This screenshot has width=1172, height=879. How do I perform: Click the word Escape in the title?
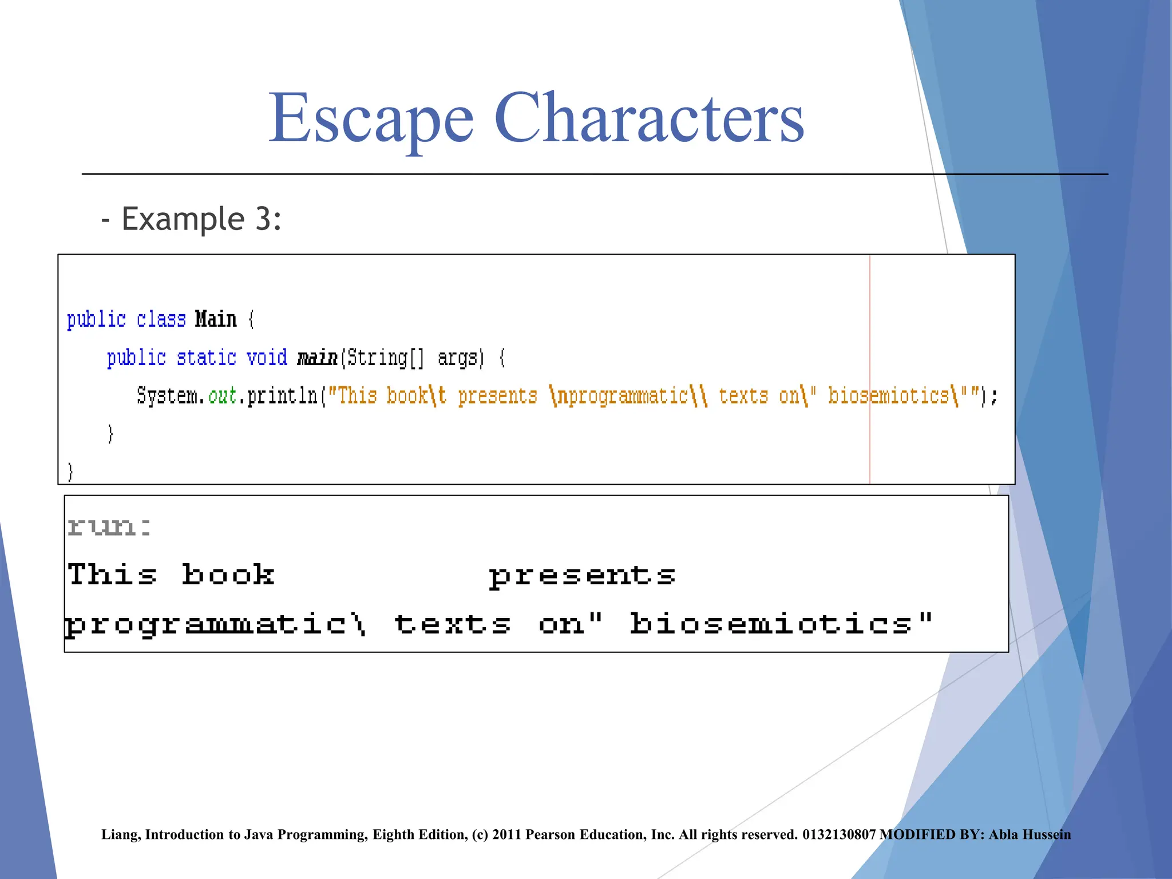coord(371,118)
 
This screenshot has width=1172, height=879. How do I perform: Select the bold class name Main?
coord(215,319)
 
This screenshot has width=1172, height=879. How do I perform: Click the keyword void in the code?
coord(267,358)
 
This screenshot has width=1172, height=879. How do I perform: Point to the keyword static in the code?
coord(206,358)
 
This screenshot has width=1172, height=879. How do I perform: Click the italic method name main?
coord(317,358)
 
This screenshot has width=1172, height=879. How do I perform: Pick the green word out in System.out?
coord(223,396)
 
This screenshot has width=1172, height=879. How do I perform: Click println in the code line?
coord(282,396)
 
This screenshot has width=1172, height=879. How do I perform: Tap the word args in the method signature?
coord(457,358)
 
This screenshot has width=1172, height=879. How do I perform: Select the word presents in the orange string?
coord(497,396)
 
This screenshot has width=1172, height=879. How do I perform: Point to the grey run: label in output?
coord(109,526)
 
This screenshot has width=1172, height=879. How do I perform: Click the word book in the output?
coord(228,575)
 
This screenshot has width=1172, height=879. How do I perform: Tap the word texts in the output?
coord(452,624)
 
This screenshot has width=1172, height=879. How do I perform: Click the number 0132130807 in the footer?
coord(838,834)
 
